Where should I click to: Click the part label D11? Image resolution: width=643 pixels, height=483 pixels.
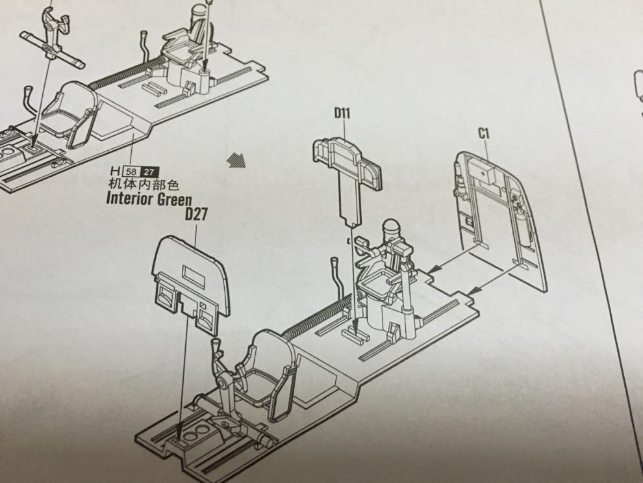click(342, 114)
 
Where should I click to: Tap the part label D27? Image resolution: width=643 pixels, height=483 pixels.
click(195, 215)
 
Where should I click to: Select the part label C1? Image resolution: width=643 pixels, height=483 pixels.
click(484, 134)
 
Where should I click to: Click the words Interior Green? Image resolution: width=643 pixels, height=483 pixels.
click(149, 199)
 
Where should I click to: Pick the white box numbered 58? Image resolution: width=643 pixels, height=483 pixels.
click(131, 172)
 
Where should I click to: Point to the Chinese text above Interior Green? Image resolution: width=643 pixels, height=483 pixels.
click(144, 185)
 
